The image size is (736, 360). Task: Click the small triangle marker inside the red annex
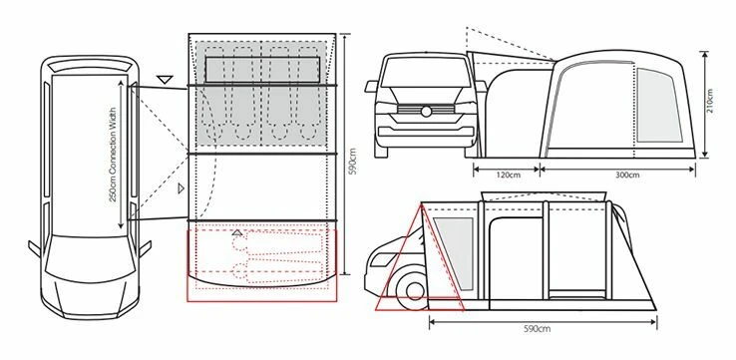[236, 231]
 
